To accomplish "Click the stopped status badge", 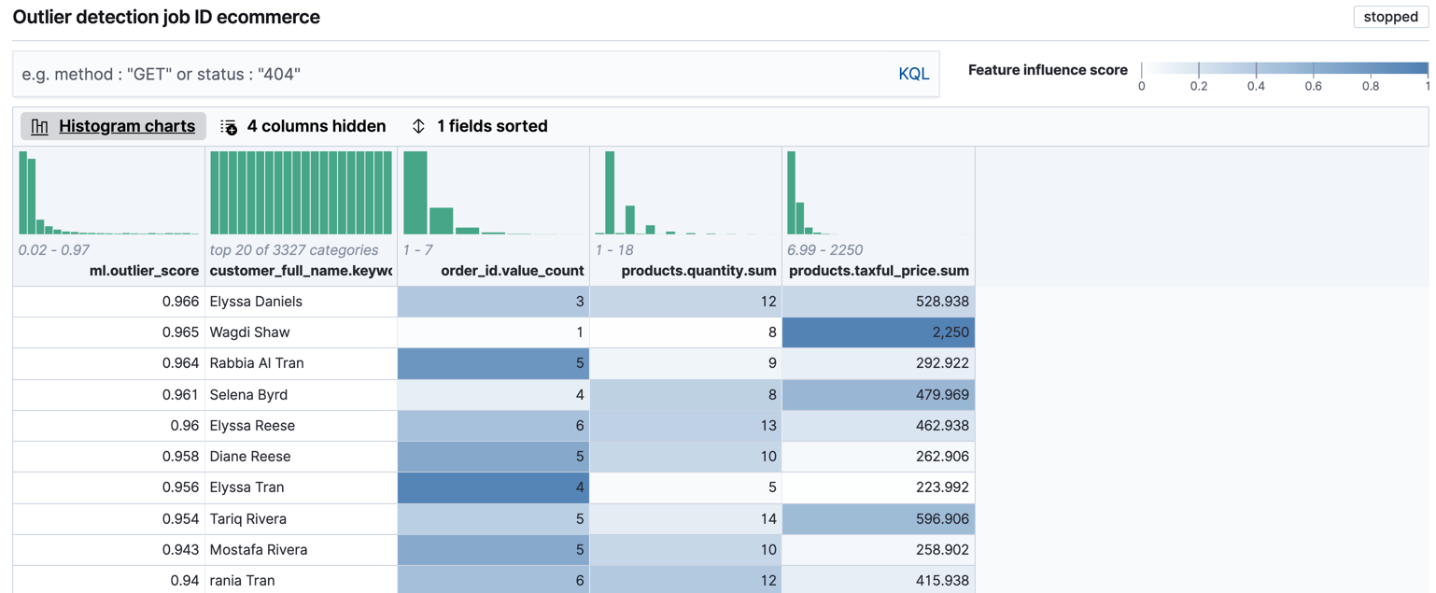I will [1390, 17].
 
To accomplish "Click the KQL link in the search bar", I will [912, 74].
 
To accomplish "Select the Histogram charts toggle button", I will [114, 126].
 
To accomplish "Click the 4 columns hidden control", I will [303, 126].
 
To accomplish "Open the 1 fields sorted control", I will [480, 126].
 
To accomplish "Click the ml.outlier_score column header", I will [144, 271].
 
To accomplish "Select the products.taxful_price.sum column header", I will [879, 271].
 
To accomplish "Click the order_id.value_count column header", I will [512, 271].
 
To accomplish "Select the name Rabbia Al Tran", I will [257, 363].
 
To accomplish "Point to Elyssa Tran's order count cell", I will [493, 487].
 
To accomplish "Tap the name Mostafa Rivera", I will [259, 549].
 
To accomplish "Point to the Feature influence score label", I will [1048, 70].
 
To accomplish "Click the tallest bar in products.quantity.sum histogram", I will [610, 193].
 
